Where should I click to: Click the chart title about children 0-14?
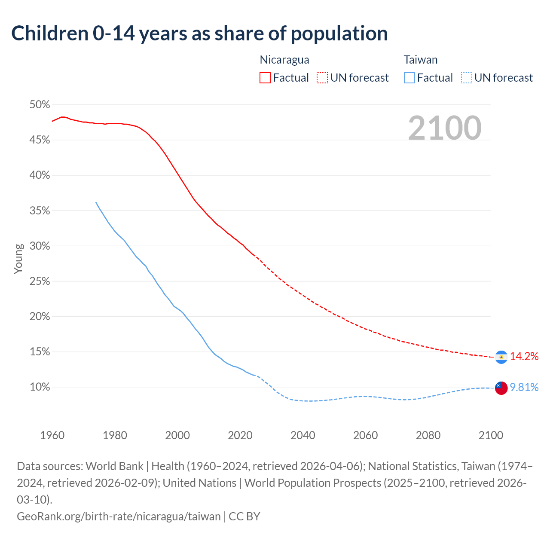[x=199, y=34]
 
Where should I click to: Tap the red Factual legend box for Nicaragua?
[x=265, y=78]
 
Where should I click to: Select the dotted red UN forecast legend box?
[x=322, y=78]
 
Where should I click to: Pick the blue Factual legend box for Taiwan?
[x=409, y=78]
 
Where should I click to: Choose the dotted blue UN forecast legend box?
[x=467, y=78]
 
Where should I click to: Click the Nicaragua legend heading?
[x=284, y=60]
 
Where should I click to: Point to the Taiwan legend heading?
[x=421, y=60]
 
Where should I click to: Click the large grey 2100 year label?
[x=445, y=128]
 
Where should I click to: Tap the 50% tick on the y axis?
[x=40, y=105]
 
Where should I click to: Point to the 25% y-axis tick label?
[x=40, y=281]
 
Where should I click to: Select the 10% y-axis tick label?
[x=40, y=387]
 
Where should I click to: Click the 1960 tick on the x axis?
[x=52, y=435]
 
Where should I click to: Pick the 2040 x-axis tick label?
[x=303, y=435]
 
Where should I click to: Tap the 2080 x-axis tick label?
[x=428, y=435]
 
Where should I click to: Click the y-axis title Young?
[x=18, y=259]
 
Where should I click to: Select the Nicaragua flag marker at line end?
[x=501, y=357]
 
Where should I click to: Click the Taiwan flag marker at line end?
[x=501, y=388]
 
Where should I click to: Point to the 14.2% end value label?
[x=524, y=356]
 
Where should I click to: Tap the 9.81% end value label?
[x=524, y=388]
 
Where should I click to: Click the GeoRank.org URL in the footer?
[x=119, y=516]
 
